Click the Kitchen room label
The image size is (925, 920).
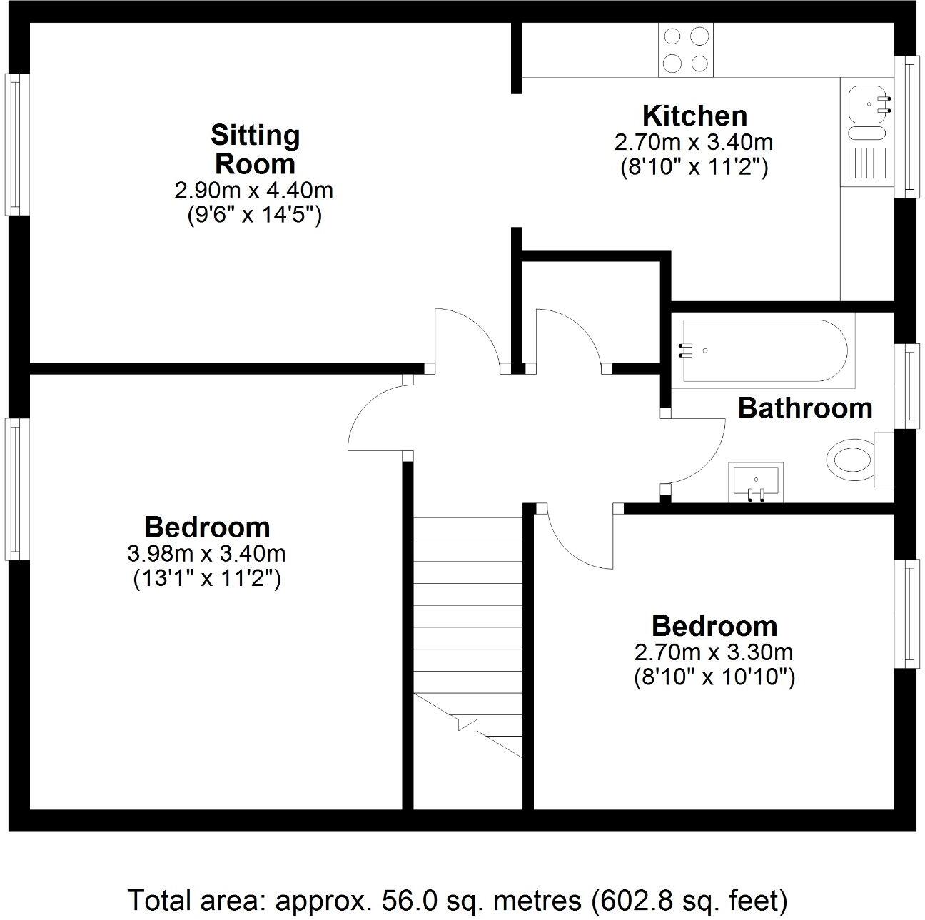[694, 116]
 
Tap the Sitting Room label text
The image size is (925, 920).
[255, 149]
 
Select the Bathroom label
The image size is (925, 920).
[804, 408]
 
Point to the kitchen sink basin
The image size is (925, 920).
[866, 104]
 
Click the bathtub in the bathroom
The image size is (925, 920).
[764, 350]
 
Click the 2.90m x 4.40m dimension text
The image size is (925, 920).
[253, 191]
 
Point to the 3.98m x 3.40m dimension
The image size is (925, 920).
[206, 553]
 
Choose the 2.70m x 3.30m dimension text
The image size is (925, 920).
[714, 652]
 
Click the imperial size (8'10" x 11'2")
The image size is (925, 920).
[693, 167]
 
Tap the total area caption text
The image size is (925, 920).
[458, 900]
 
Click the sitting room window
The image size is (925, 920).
[14, 143]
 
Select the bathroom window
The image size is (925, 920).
[908, 385]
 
